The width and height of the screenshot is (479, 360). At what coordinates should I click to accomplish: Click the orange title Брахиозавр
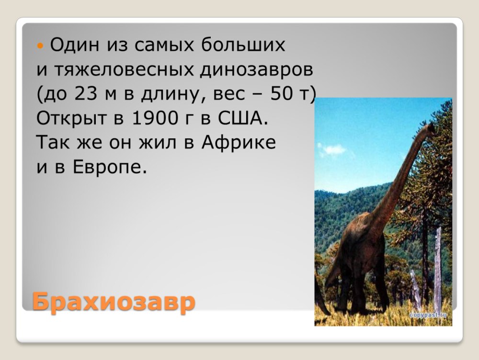point(114,302)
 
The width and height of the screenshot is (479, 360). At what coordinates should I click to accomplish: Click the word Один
point(75,45)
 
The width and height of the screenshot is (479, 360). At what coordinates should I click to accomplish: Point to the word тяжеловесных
point(125,69)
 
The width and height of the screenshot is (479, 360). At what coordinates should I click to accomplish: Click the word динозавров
point(257,70)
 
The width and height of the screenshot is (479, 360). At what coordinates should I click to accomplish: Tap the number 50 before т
point(282,93)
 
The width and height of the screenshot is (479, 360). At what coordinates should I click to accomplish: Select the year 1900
point(155,118)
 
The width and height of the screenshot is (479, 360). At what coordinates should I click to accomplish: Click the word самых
point(164,45)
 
